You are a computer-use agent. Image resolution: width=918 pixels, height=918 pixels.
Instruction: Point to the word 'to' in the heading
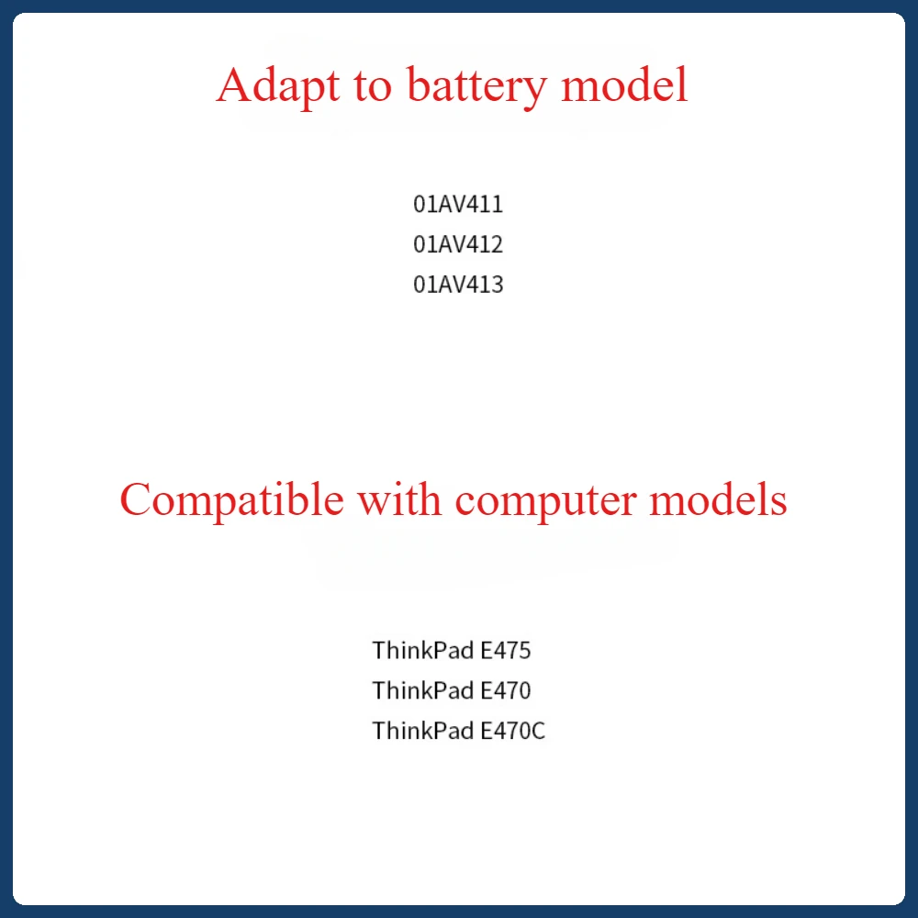pos(371,87)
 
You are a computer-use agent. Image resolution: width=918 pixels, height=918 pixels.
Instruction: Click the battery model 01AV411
pos(458,204)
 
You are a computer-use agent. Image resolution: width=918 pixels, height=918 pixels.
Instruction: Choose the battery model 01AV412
pos(458,244)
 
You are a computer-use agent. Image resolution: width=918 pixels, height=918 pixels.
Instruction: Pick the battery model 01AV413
pos(458,285)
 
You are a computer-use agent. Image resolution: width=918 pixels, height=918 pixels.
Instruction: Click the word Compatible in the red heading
pos(231,501)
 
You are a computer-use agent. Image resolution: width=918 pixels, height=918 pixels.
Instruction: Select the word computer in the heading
pos(556,501)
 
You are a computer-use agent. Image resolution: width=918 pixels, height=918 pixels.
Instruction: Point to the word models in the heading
pos(728,501)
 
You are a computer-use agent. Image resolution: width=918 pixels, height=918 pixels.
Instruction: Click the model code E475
pos(506,651)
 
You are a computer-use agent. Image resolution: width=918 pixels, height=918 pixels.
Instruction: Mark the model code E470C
pos(513,732)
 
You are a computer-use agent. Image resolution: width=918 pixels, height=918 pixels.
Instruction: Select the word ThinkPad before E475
pos(423,651)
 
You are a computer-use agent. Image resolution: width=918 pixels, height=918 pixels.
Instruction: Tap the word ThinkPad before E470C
pos(423,732)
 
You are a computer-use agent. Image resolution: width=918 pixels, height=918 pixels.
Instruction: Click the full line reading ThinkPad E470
pos(452,690)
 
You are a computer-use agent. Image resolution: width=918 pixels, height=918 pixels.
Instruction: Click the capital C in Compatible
pos(136,501)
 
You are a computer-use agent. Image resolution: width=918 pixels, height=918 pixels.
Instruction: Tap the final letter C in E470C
pos(539,732)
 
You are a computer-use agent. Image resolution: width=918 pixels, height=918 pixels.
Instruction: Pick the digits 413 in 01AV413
pos(487,285)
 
